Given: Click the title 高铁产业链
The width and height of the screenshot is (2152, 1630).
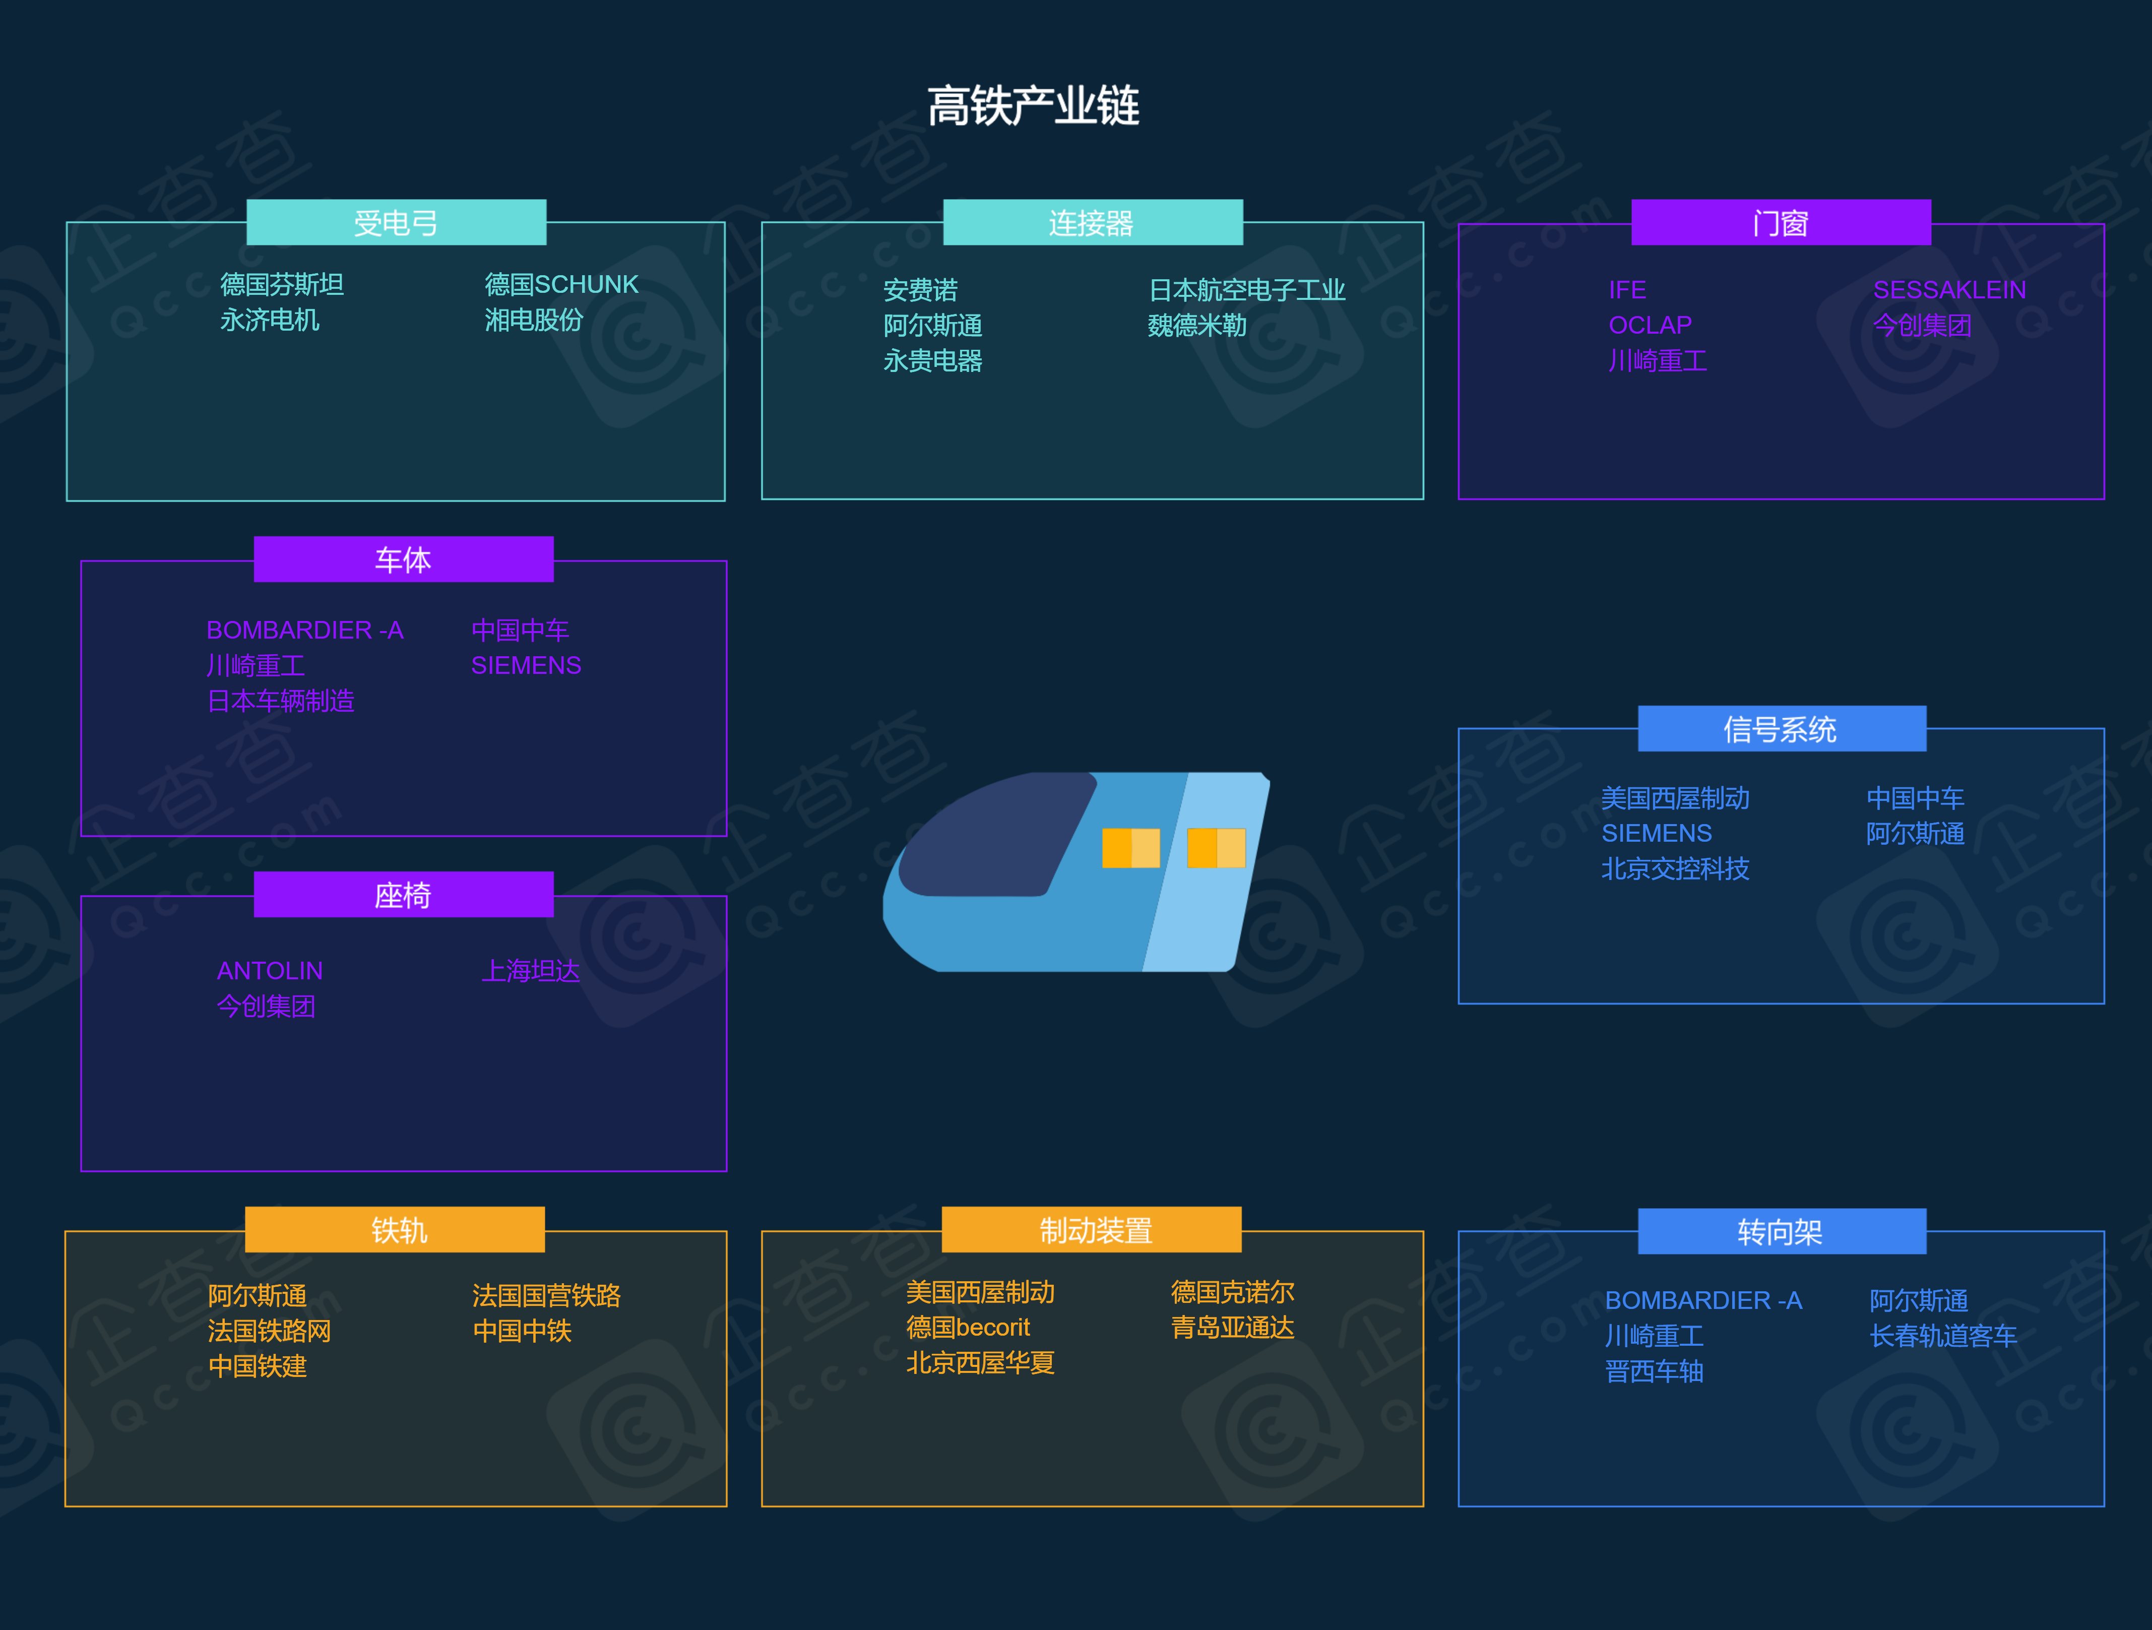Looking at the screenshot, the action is click(1033, 106).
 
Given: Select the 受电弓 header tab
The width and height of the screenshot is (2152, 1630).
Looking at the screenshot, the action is click(396, 223).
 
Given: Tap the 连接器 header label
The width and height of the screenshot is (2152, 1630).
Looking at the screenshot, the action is click(1092, 223).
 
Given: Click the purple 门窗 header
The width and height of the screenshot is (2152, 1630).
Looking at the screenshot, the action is click(1781, 223).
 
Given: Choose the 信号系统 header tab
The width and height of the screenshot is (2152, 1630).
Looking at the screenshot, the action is click(1781, 729).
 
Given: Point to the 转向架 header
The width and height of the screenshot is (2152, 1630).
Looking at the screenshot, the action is click(1781, 1232).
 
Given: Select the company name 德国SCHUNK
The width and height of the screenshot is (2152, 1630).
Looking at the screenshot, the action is click(561, 284).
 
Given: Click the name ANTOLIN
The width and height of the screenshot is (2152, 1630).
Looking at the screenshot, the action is click(270, 970).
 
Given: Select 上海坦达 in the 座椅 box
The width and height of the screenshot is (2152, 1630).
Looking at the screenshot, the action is click(531, 970).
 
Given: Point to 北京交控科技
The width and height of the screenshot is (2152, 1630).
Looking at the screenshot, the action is click(1674, 868).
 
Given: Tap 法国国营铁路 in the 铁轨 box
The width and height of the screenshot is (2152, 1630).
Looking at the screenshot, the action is click(546, 1295).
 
